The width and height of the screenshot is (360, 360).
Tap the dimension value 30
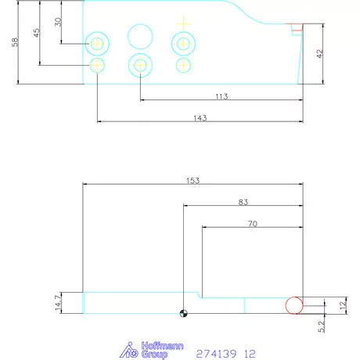pos(58,21)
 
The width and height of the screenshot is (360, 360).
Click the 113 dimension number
pos(221,96)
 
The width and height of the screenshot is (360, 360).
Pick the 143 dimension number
pos(199,117)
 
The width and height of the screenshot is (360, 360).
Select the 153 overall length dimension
pos(193,180)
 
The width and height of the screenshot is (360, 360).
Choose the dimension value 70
pos(251,223)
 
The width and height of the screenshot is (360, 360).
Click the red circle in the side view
pos(293,305)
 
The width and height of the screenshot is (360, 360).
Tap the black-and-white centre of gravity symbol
pos(182,314)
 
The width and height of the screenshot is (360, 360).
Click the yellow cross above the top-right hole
pos(183,22)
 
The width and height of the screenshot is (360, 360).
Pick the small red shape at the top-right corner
pos(297,29)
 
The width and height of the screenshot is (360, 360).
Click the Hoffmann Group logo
pos(145,351)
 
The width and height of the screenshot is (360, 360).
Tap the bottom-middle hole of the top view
pos(140,66)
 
